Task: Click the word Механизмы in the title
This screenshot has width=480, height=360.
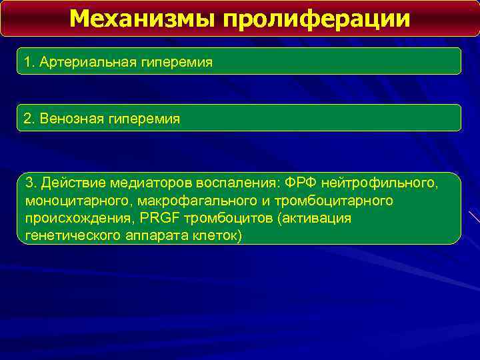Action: click(x=141, y=19)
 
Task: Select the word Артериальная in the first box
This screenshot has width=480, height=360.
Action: click(x=87, y=63)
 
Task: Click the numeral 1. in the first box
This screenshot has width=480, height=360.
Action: click(x=29, y=63)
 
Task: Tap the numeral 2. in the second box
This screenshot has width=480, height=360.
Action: click(x=29, y=119)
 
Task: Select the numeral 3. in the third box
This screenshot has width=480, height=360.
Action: click(x=31, y=183)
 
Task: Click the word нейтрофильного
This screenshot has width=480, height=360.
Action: click(x=381, y=183)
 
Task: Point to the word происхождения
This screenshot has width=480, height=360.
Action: click(x=76, y=219)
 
